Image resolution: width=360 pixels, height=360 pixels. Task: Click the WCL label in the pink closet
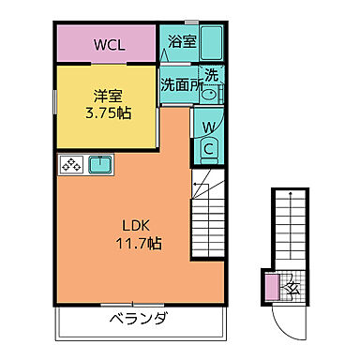coord(106,44)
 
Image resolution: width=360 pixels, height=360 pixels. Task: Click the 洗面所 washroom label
coord(180,83)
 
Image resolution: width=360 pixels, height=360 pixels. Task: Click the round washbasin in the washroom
coord(209,93)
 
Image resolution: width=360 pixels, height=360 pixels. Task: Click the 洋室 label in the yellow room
coord(107,96)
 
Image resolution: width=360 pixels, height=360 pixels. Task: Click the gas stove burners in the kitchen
coord(71,166)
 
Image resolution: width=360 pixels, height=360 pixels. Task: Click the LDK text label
coord(131,225)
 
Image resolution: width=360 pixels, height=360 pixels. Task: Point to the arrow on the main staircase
coord(198,188)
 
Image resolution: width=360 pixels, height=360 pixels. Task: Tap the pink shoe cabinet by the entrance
coord(271,287)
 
